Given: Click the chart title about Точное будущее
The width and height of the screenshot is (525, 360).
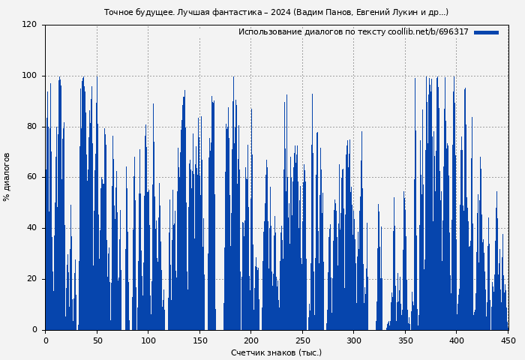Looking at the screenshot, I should (276, 12).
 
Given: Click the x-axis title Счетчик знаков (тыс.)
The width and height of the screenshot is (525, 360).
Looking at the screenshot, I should (276, 352).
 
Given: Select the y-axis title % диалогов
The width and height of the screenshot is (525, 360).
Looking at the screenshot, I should (7, 177).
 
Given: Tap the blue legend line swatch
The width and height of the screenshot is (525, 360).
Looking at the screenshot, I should (486, 32).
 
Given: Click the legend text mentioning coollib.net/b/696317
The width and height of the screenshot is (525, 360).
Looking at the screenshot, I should (353, 32).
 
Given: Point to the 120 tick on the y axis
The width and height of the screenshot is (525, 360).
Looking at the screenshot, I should (29, 25).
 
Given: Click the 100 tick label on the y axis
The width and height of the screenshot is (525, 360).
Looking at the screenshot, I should (29, 76).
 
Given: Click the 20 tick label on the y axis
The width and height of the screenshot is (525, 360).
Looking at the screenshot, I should (31, 279).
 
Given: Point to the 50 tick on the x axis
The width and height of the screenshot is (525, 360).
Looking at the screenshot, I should (97, 340).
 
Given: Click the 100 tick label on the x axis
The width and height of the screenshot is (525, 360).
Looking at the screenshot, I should (148, 340).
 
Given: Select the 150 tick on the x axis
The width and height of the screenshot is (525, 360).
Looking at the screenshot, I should (199, 340).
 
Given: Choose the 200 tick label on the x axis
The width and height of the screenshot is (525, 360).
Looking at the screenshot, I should (251, 340).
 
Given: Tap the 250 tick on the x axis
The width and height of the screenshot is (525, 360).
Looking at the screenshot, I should (303, 340).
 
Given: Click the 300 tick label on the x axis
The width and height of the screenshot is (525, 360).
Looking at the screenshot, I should (354, 340).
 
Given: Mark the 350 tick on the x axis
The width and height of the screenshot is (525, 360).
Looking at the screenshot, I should (406, 340).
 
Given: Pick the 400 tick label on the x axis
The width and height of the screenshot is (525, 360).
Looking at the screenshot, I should (457, 340).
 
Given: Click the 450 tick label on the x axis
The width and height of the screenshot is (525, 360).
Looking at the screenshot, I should (508, 340).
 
